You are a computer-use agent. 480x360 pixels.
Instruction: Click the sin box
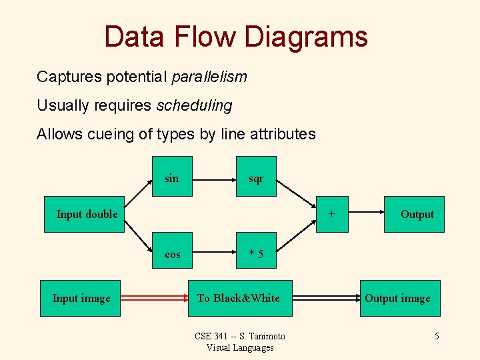(172, 177)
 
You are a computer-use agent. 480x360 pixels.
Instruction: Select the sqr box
(256, 177)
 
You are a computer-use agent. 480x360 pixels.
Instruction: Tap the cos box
(172, 253)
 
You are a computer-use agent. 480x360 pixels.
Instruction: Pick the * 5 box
(256, 253)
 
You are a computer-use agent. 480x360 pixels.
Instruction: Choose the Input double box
(85, 214)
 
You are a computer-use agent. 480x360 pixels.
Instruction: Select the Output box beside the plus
(414, 214)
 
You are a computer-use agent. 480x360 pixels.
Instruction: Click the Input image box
(82, 298)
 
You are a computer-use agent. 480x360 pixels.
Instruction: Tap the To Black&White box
(239, 298)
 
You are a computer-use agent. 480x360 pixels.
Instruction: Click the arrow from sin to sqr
(214, 179)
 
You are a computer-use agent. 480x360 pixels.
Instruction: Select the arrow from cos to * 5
(214, 253)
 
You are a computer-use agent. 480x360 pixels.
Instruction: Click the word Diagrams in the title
(305, 37)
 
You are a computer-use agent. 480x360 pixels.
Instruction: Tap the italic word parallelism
(209, 77)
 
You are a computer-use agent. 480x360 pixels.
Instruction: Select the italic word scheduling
(194, 105)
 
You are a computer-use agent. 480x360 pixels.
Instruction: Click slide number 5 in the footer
(437, 336)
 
